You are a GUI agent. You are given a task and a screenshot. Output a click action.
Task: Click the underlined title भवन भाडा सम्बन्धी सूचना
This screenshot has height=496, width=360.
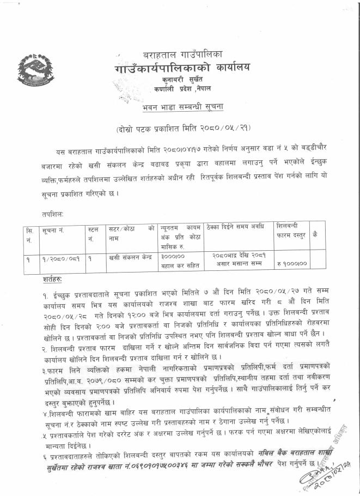click(x=180, y=106)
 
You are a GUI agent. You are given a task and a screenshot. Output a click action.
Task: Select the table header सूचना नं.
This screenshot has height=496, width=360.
click(x=53, y=231)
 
